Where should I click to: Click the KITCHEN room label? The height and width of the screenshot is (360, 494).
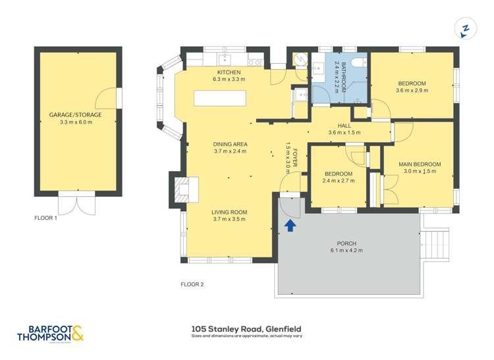pos(229,72)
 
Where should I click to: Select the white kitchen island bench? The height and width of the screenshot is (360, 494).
pos(220,98)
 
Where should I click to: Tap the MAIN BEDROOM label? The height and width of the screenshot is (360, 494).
pos(420,164)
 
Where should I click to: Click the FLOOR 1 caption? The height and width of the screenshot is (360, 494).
pos(46,217)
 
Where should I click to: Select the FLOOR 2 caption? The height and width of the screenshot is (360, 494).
pos(192,284)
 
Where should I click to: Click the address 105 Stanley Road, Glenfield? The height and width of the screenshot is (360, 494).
pos(246,327)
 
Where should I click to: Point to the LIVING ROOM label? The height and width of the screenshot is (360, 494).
pos(229,212)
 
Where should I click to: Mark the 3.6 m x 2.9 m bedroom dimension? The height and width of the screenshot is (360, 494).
pos(412,91)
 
